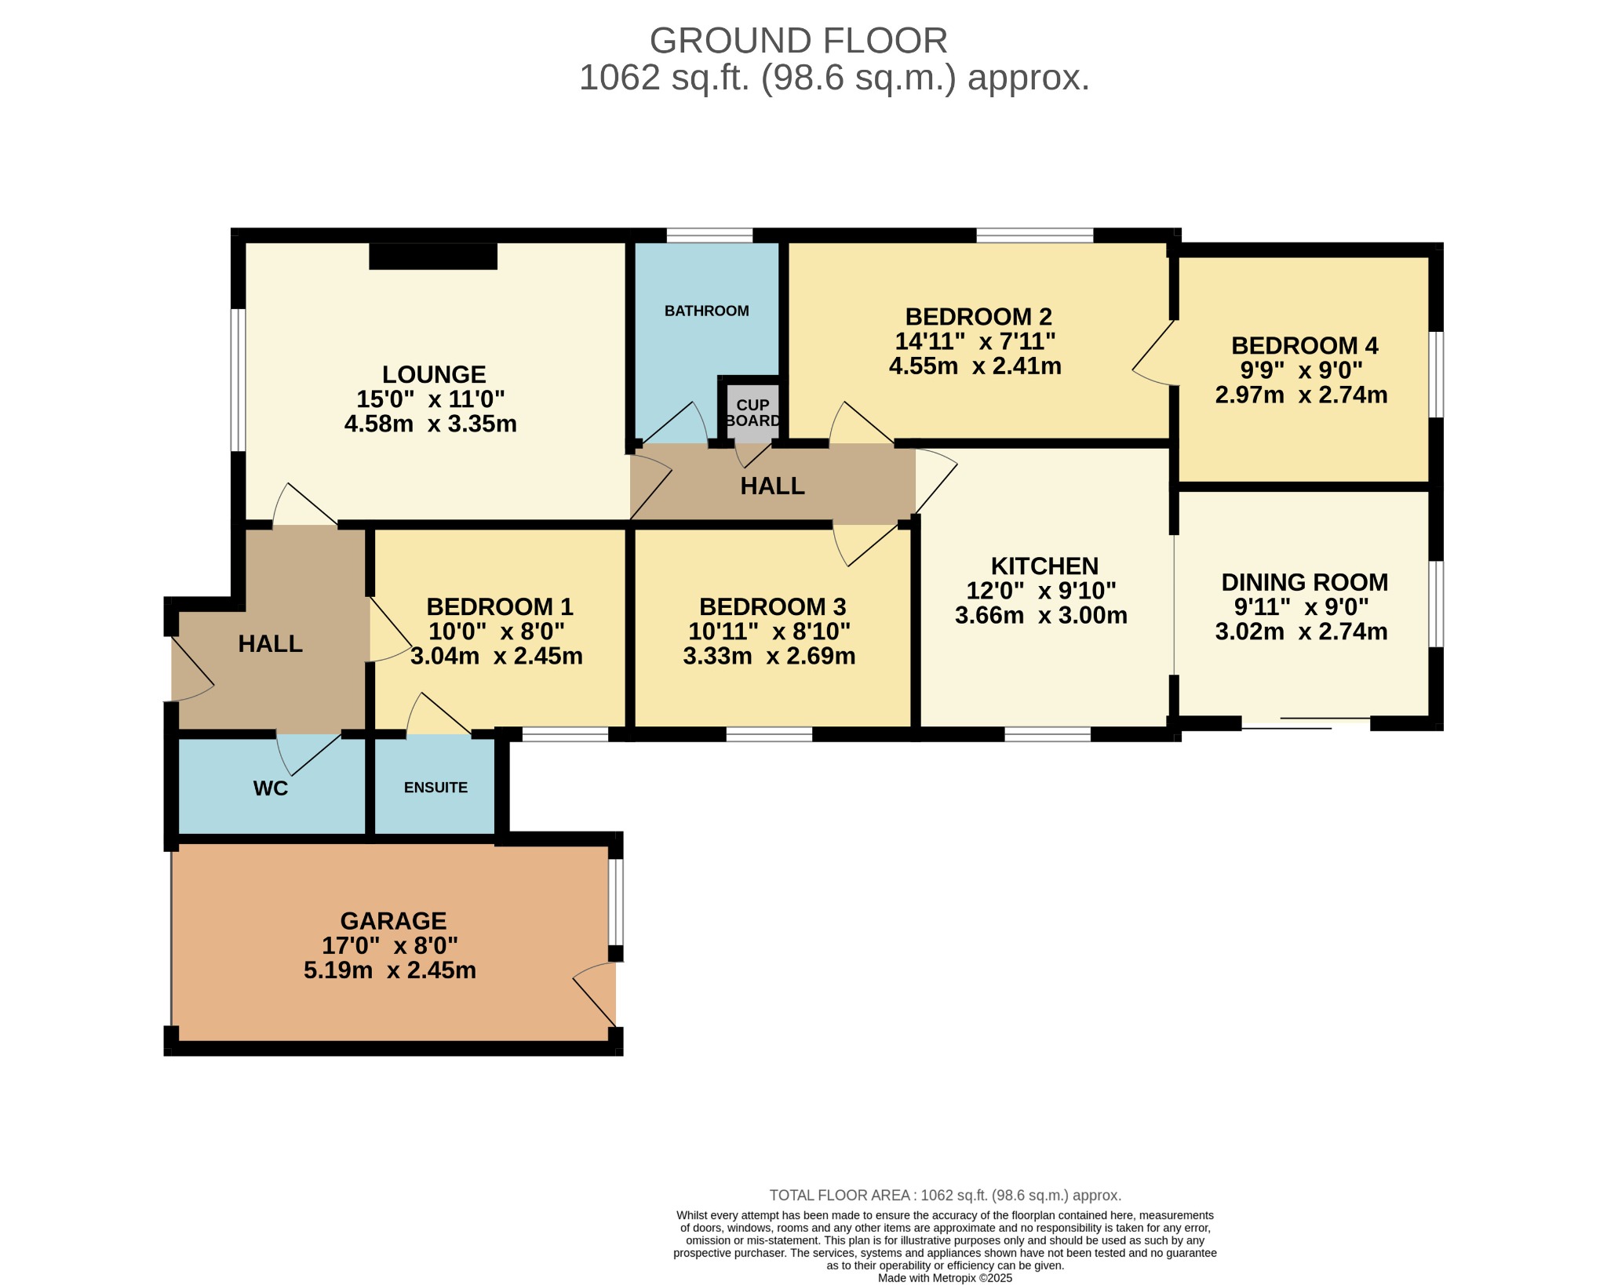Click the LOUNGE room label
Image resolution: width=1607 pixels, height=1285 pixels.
tap(434, 374)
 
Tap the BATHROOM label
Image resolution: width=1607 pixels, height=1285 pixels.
tap(706, 311)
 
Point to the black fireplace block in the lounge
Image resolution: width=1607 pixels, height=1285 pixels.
tap(433, 257)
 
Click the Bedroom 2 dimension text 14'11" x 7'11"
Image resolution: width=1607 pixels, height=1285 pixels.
tap(975, 341)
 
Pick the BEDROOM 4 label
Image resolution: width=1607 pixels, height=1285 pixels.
tap(1304, 345)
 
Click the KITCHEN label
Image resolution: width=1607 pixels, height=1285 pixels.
tap(1044, 566)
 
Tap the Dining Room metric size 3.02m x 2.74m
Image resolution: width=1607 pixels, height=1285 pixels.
tap(1301, 632)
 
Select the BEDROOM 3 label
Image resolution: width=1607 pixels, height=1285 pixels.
tap(772, 606)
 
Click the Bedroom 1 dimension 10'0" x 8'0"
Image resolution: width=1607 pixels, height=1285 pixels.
tap(496, 631)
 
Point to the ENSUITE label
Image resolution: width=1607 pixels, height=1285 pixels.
tap(435, 788)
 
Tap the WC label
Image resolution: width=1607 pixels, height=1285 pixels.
tap(271, 788)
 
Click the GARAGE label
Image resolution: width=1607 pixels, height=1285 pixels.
tap(393, 920)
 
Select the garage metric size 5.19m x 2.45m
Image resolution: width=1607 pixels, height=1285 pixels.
tap(390, 970)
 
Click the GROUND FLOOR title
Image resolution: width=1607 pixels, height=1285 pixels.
tap(798, 41)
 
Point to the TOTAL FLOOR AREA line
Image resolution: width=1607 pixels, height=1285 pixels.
tap(945, 1196)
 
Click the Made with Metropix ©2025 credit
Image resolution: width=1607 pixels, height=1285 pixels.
tap(945, 1278)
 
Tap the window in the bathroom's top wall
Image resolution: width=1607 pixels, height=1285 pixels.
tap(709, 235)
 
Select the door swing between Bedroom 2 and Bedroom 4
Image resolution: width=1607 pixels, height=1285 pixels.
tap(1153, 353)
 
